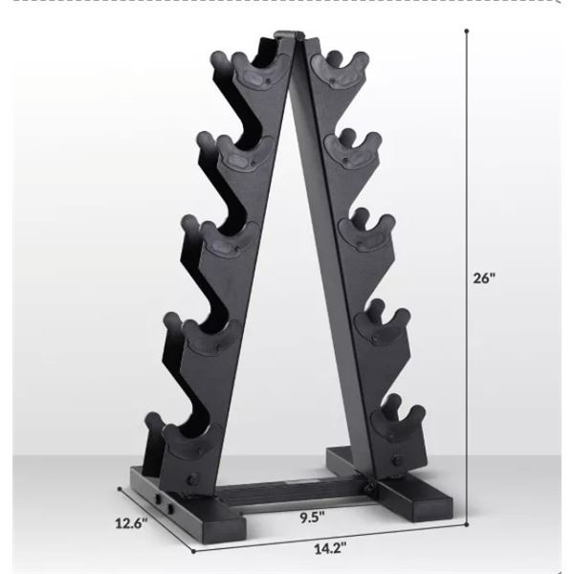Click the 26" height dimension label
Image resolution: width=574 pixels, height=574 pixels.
point(484,278)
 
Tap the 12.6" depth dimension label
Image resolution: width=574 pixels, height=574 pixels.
point(131,523)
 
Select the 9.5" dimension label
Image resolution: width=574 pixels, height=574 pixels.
point(312,518)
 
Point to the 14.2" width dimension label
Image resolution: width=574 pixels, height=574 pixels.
point(330,549)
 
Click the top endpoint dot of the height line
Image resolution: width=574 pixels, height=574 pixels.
point(467,32)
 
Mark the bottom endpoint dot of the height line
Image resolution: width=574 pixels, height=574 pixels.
point(467,524)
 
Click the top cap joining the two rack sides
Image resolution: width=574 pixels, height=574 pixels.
point(289,34)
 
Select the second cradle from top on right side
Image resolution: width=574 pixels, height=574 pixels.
point(353,150)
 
